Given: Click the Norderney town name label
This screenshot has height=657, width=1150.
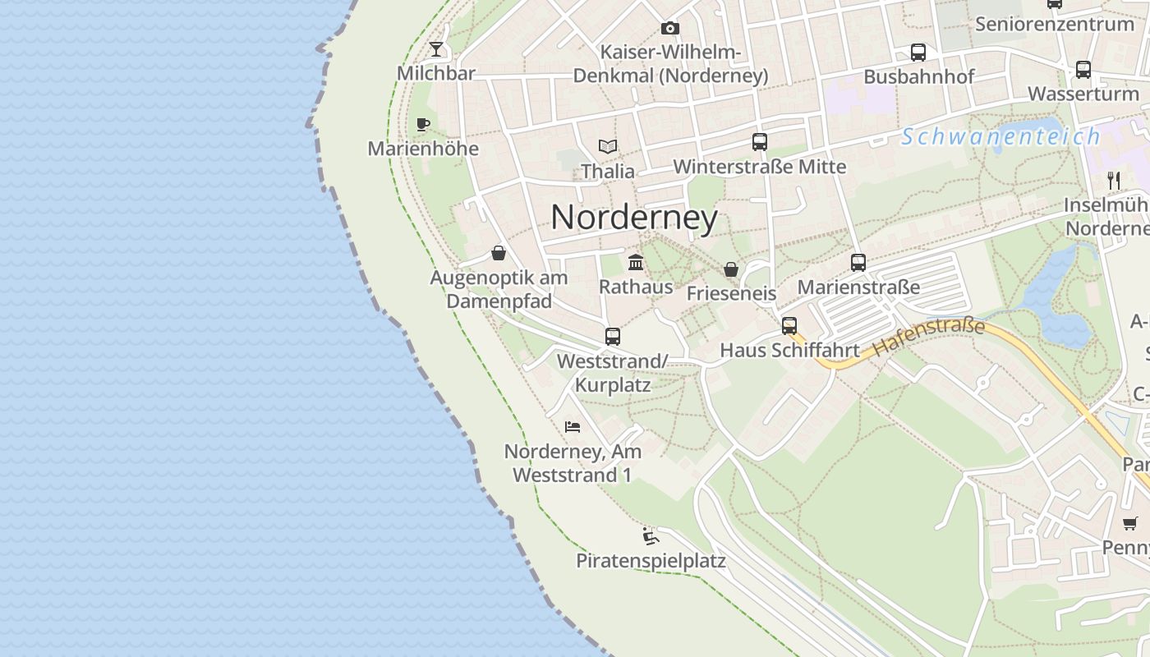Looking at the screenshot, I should (x=634, y=218).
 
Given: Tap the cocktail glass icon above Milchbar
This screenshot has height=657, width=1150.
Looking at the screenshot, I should (x=436, y=49).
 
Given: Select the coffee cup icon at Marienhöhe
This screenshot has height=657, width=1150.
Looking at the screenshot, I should (x=423, y=125).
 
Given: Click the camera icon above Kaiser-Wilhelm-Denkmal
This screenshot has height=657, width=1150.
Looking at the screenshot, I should (x=670, y=29).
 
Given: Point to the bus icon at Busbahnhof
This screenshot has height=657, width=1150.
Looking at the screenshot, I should (x=918, y=53).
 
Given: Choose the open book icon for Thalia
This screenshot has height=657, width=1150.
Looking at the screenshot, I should (x=608, y=147).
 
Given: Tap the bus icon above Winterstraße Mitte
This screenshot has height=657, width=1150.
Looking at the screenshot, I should (x=760, y=142).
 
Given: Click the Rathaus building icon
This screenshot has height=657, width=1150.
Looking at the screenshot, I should (x=636, y=263).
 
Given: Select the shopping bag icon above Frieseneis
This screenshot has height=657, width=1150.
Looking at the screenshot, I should (x=731, y=269).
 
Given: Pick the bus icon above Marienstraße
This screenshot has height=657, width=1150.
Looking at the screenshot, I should (x=858, y=263).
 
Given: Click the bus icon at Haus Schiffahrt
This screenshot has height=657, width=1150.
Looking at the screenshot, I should (x=789, y=325).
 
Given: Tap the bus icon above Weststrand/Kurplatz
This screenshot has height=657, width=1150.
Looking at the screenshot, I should (x=613, y=336).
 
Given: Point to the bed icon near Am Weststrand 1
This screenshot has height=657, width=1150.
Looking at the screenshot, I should (x=573, y=427).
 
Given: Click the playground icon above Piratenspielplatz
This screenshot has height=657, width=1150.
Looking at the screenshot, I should (x=651, y=536).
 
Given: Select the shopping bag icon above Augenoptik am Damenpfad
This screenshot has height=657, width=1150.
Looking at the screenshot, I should (x=499, y=253).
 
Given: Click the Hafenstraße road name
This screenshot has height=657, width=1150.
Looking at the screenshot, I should (x=928, y=337).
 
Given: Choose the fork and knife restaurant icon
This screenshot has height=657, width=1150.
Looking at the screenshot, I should (x=1114, y=180).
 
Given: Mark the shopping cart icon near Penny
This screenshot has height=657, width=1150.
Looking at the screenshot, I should (x=1130, y=522).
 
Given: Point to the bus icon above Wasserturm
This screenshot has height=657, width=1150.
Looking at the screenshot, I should (x=1083, y=70).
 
